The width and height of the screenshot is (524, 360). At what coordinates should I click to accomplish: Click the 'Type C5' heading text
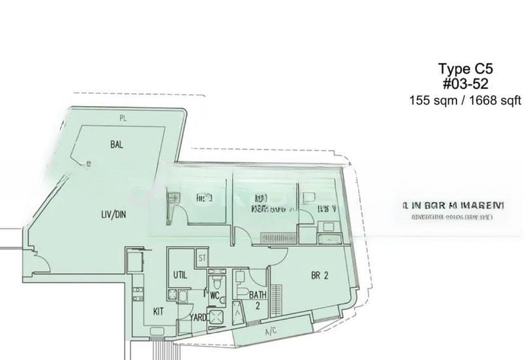click(x=464, y=69)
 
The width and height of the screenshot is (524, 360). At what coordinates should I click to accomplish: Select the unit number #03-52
click(x=465, y=84)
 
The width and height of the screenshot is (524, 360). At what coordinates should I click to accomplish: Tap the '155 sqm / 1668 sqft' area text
click(x=465, y=100)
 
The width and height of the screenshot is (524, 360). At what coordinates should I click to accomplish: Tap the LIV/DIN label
click(x=113, y=213)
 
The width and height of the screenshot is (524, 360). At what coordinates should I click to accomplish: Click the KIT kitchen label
click(x=159, y=312)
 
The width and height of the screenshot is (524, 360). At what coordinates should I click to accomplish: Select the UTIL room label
click(x=181, y=275)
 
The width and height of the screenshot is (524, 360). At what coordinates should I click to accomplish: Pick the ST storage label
click(x=202, y=259)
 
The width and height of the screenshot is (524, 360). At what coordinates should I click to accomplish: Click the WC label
click(x=214, y=296)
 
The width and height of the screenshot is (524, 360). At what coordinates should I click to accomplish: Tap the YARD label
click(x=198, y=318)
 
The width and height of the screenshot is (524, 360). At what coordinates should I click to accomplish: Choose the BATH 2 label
click(x=257, y=300)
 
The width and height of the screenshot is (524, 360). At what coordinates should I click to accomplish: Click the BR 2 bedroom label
click(x=320, y=276)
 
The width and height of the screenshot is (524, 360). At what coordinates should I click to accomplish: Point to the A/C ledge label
click(x=271, y=332)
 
